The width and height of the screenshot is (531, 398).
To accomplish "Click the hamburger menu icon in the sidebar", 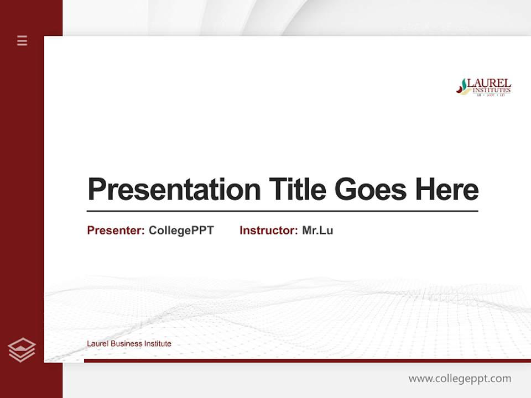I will (x=22, y=40).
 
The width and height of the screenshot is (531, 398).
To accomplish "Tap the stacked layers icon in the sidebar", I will (x=22, y=350).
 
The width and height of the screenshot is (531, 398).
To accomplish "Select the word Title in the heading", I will (x=297, y=190).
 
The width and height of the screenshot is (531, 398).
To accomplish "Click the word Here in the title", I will (x=447, y=190).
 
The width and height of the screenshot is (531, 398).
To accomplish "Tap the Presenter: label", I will (x=116, y=231).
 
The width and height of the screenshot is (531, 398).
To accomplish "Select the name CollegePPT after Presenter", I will (x=181, y=231).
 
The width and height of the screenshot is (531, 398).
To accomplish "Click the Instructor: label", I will (x=268, y=231).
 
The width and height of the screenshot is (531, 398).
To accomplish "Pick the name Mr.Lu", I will (x=317, y=231).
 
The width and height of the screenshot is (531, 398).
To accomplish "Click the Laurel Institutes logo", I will (x=483, y=87).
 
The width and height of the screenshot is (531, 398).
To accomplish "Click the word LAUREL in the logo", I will (x=489, y=83).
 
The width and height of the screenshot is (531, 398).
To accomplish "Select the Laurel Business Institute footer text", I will (x=129, y=344).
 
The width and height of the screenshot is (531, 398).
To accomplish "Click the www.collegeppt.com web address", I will (x=460, y=379).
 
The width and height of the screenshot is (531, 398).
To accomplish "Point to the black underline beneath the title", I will (x=282, y=211).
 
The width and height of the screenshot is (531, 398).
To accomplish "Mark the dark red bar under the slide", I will (x=307, y=360).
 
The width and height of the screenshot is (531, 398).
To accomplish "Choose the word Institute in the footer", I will (x=158, y=344).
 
